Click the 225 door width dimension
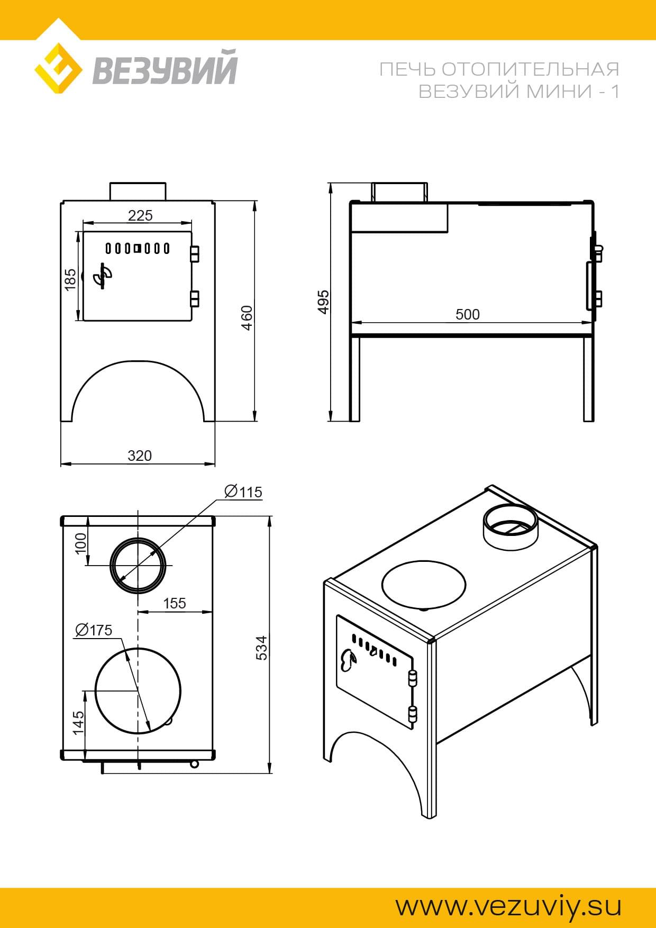point(140,215)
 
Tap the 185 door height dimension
point(70,279)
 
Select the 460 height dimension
point(247,317)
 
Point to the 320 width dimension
point(140,456)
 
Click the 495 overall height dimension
point(323,302)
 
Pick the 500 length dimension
point(468,314)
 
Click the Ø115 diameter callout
point(243,492)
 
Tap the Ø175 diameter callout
point(94,630)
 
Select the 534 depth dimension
point(262,648)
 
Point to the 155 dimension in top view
point(175,603)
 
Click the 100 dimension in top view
point(80,544)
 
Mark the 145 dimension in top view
point(78,723)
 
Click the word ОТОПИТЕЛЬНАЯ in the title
point(530,69)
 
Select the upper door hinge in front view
point(195,253)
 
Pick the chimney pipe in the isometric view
point(510,527)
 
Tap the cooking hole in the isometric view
point(424,585)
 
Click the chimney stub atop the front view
point(138,191)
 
